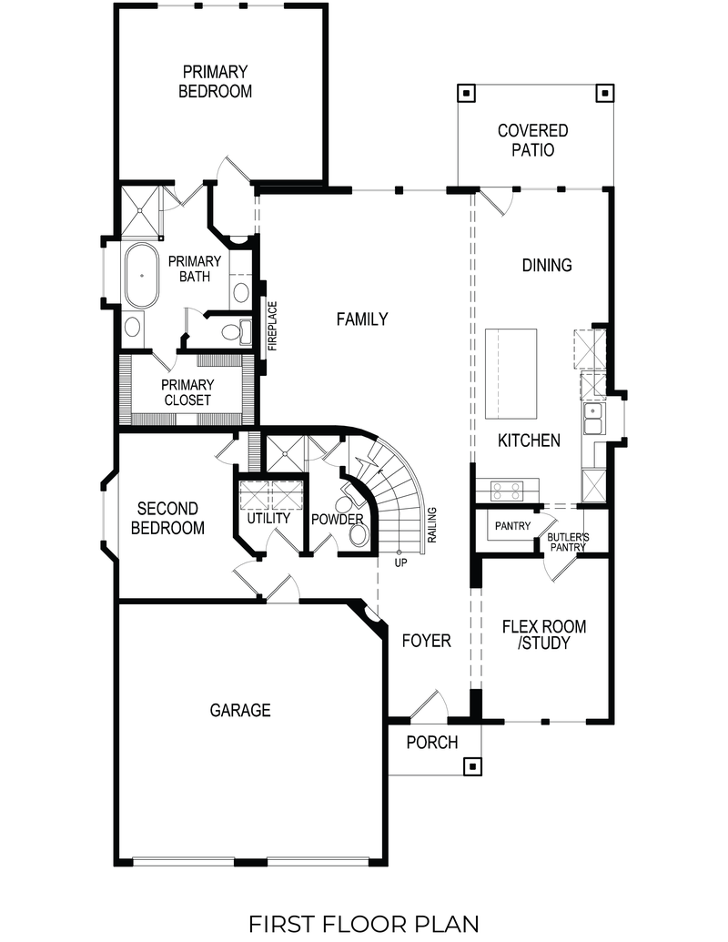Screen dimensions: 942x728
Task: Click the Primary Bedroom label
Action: (215, 81)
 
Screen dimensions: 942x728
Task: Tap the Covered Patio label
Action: (532, 141)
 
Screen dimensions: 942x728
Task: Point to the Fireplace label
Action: (272, 327)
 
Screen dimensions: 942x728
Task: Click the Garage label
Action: (240, 710)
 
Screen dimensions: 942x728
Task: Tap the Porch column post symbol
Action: (470, 765)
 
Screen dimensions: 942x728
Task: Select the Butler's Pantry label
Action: (568, 542)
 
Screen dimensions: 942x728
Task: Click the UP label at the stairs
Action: (400, 562)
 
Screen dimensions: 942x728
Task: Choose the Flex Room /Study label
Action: (544, 635)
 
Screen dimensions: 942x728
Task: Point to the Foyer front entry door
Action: (428, 705)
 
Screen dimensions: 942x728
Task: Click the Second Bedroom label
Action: (167, 518)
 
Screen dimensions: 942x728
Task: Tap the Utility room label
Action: (268, 518)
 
